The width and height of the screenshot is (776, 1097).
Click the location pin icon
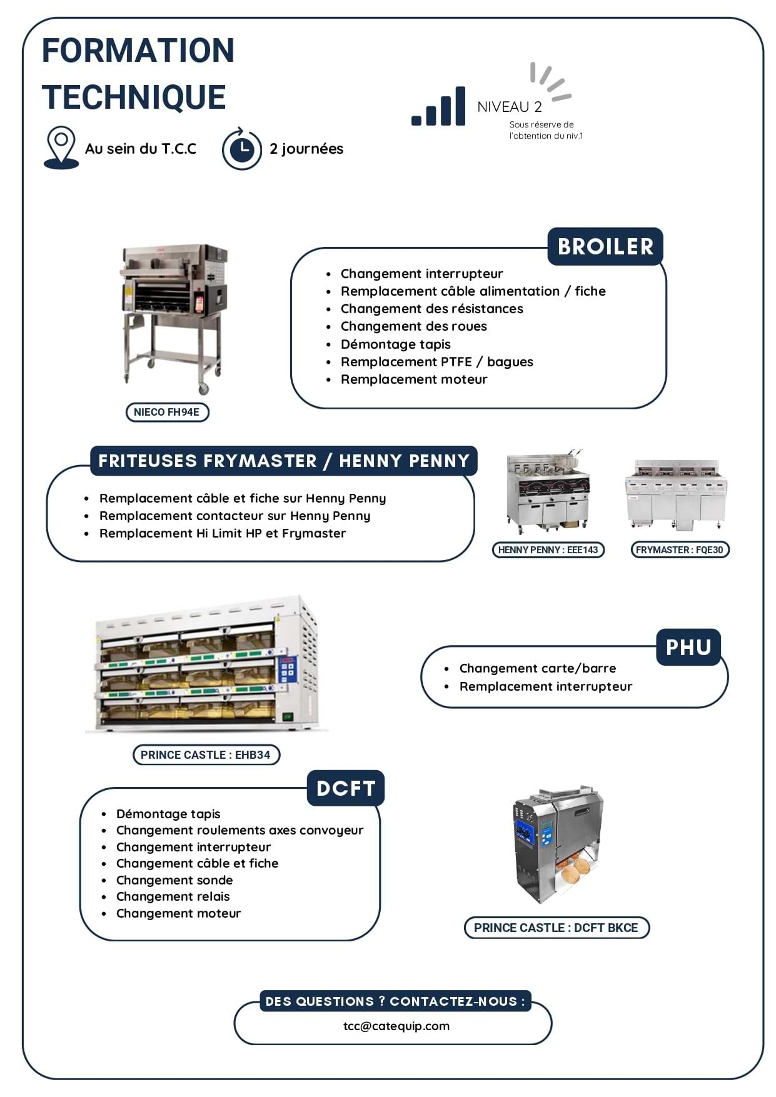tap(61, 148)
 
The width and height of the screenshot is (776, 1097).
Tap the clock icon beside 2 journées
tap(242, 149)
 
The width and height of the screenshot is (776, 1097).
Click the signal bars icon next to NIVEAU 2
tap(438, 108)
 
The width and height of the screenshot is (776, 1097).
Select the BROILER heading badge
tap(605, 246)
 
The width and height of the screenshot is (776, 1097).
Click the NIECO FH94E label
tap(167, 413)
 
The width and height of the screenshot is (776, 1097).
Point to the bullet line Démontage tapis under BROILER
tap(395, 344)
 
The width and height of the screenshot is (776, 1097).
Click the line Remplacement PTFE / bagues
tap(436, 362)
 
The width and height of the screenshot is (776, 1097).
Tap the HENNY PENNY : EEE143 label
tap(548, 550)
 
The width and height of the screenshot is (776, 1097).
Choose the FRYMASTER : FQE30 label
tap(679, 550)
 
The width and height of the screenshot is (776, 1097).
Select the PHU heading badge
tap(688, 648)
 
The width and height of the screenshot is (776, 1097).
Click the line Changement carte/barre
tap(538, 669)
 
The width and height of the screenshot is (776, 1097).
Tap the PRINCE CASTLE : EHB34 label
tap(206, 755)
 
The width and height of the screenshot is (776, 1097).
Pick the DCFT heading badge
tap(346, 788)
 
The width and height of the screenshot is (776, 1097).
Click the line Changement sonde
tap(174, 880)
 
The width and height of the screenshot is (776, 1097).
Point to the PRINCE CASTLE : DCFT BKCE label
tap(556, 928)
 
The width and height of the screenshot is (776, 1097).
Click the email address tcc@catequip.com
tap(396, 1026)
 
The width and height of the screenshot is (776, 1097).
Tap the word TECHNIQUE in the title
tap(134, 98)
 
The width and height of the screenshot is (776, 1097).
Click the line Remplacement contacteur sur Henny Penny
tap(234, 516)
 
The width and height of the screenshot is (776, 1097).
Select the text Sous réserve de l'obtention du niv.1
tap(545, 130)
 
